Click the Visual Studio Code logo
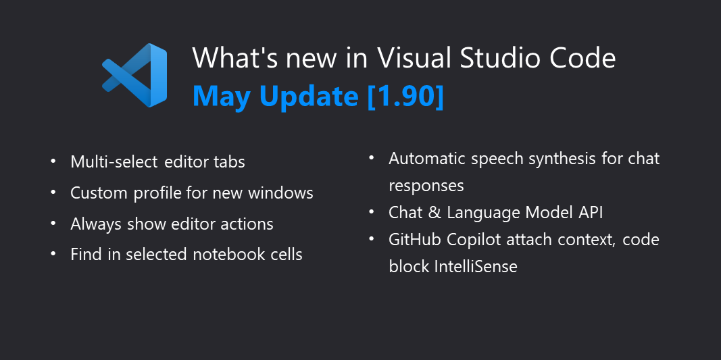point(134,75)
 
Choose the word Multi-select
point(113,162)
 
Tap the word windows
point(280,193)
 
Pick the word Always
point(97,224)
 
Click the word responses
point(426,186)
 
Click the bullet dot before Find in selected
point(54,255)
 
